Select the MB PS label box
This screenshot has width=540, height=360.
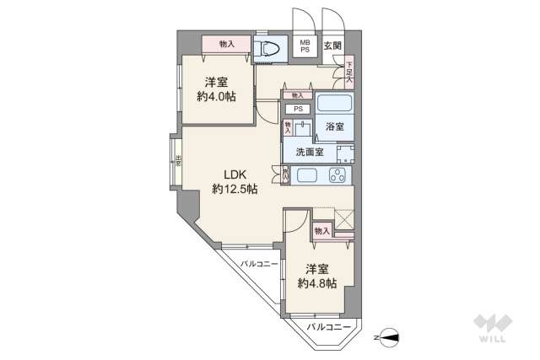(x=303, y=46)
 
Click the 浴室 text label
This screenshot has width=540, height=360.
(x=335, y=126)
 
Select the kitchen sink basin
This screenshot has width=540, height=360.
(x=306, y=177)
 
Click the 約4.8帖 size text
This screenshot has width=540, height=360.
(x=316, y=283)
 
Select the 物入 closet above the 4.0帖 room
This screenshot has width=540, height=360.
(x=226, y=44)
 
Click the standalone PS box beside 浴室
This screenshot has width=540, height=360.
(x=297, y=109)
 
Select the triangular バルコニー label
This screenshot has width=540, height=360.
(x=258, y=265)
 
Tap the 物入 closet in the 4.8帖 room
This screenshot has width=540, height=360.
(x=321, y=230)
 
